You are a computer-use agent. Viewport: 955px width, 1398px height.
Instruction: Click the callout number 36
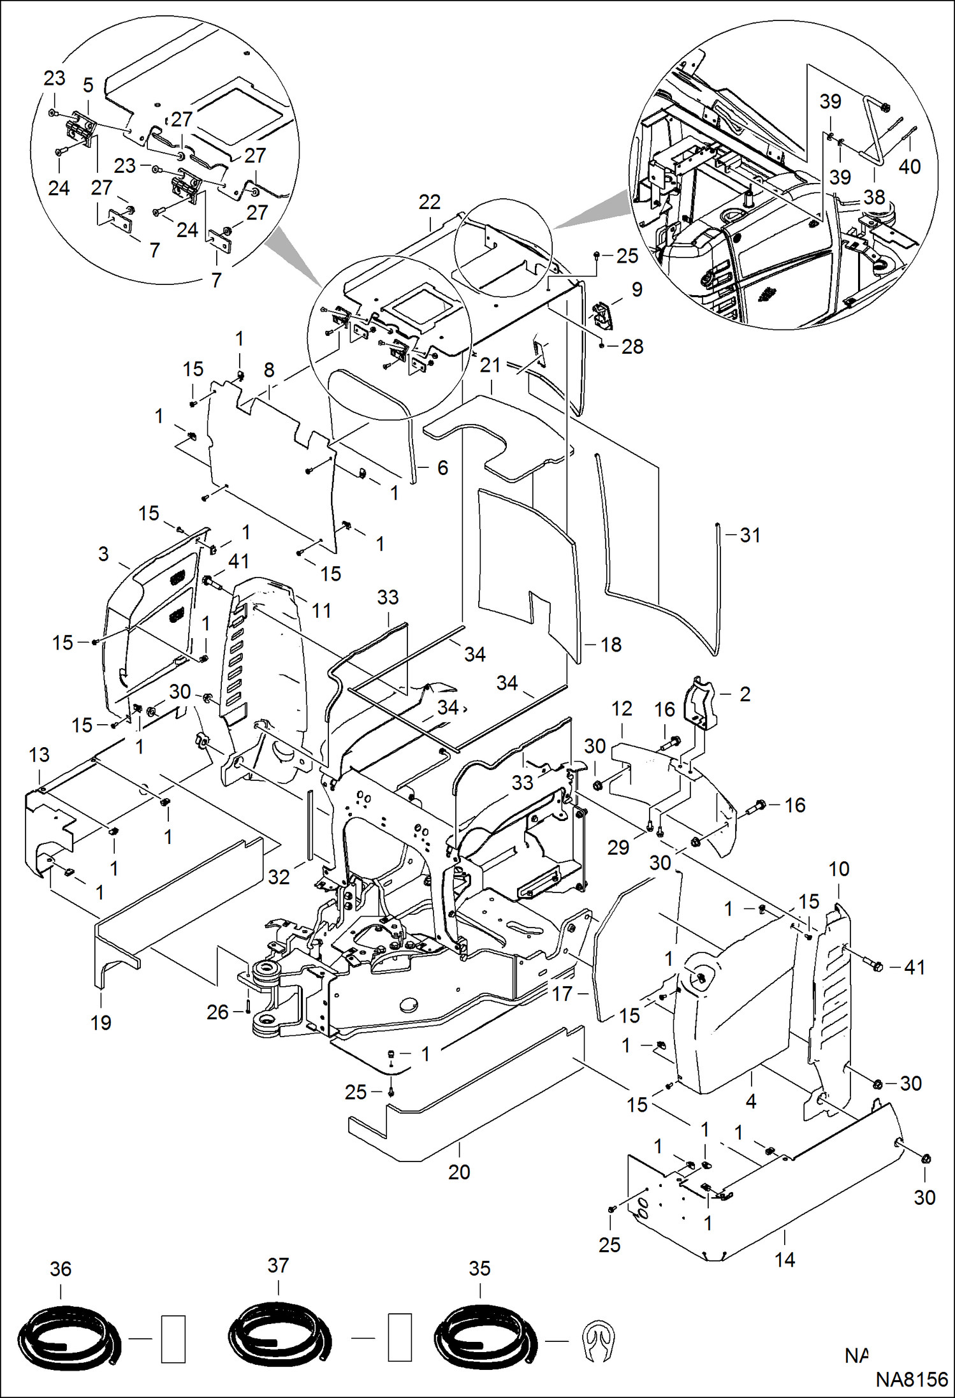[61, 1269]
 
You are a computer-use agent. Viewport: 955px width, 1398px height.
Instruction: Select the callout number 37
[278, 1265]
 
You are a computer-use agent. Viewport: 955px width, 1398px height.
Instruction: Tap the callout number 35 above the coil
[479, 1268]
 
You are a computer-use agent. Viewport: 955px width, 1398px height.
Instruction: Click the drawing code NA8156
[912, 1380]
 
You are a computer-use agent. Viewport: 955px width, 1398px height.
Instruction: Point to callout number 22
[429, 202]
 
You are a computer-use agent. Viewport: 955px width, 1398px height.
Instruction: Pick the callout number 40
[909, 167]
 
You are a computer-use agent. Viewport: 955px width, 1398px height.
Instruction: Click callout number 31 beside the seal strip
[750, 535]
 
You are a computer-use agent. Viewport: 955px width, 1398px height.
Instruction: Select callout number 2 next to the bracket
[745, 694]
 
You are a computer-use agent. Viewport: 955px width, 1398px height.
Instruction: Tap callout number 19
[101, 1023]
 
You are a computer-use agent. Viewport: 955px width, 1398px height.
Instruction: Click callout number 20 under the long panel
[459, 1172]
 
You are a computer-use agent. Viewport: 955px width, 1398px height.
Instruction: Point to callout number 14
[785, 1260]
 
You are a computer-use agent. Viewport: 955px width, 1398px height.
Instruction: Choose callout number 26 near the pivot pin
[217, 1012]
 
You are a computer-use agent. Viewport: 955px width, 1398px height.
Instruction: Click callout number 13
[39, 755]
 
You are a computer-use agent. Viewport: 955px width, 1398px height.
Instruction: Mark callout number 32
[279, 877]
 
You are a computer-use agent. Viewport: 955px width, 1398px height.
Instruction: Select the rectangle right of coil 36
[173, 1339]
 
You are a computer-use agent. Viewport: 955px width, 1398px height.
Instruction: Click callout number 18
[611, 644]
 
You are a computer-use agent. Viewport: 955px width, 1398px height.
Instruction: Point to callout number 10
[838, 869]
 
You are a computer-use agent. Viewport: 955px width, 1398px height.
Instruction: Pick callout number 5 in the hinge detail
[88, 85]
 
